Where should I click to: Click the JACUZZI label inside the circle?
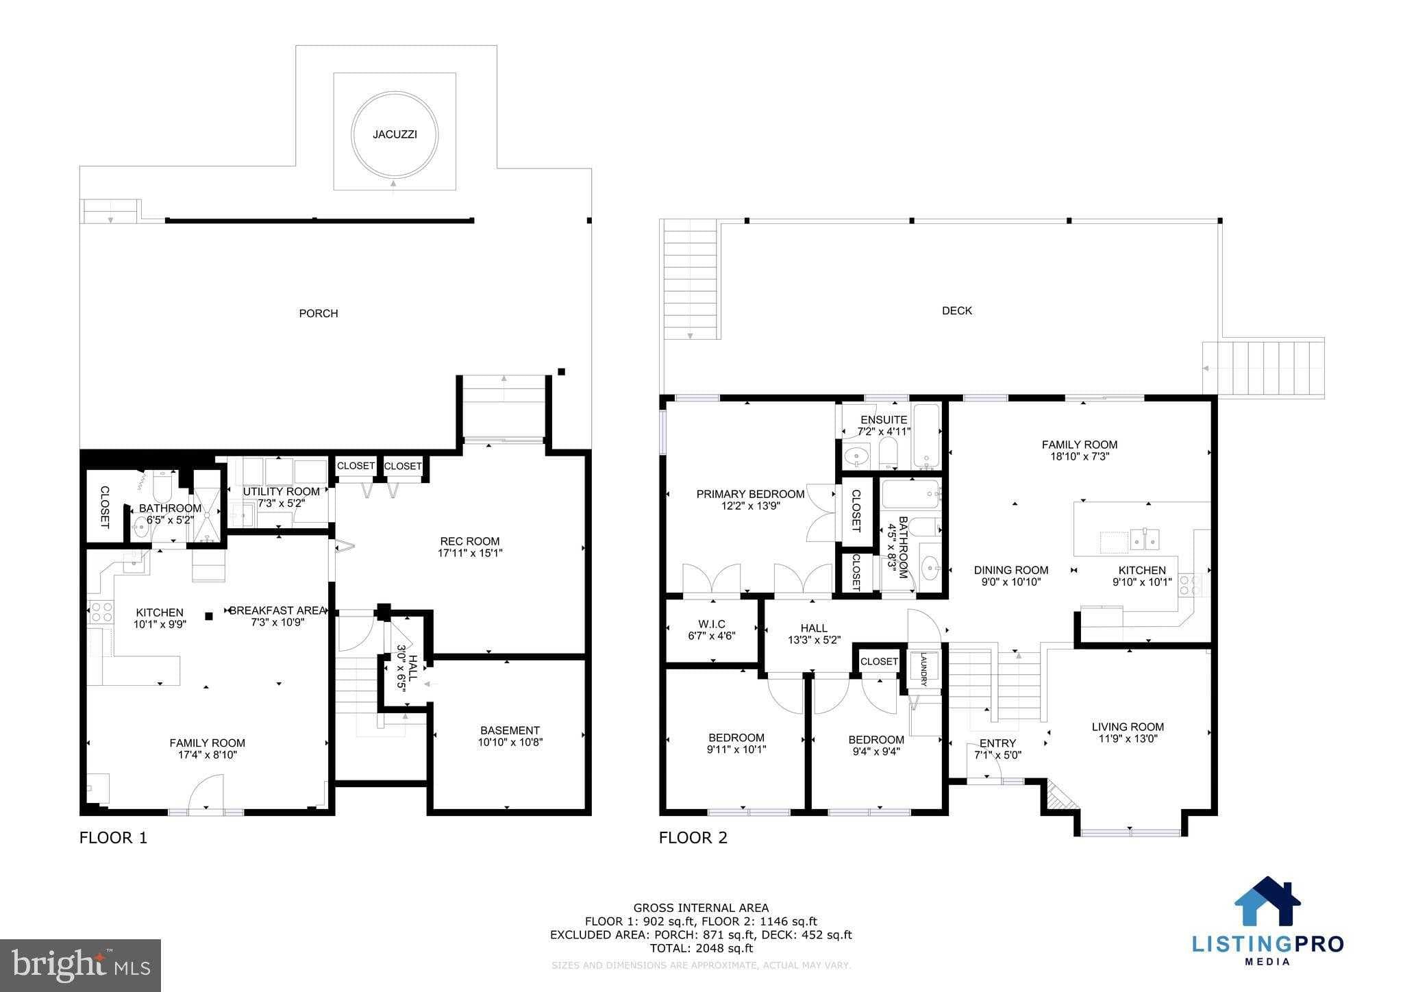coord(395,134)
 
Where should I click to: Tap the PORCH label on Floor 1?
coord(319,314)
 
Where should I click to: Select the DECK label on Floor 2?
coord(957,311)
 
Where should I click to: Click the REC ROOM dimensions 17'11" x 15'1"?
coord(470,553)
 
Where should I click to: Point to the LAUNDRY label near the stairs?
coord(923,669)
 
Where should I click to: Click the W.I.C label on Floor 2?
coord(712,624)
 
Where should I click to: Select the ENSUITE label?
coord(884,419)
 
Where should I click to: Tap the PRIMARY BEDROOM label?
coord(750,494)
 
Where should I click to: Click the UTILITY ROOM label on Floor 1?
coord(281,491)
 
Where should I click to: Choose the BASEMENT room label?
coord(510,730)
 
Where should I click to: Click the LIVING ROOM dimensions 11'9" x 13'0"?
coord(1128,739)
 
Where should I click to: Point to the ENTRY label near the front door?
coord(997,743)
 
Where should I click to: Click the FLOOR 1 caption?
coord(113,838)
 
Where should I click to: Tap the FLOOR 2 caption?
coord(693,838)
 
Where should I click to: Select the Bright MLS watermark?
coord(81,965)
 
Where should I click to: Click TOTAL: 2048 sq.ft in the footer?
coord(701,948)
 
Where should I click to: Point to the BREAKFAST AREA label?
coord(277,610)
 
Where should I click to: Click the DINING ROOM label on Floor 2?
coord(1011,570)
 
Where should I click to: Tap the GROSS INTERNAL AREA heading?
coord(701,908)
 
